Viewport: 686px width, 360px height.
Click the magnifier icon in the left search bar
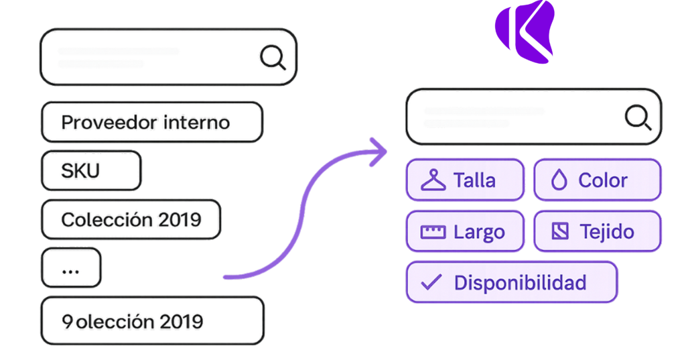pyautogui.click(x=272, y=58)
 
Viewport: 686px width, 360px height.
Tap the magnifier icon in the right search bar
pyautogui.click(x=637, y=117)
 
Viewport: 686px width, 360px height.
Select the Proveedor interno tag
pyautogui.click(x=151, y=122)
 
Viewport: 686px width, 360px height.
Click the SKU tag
pyautogui.click(x=90, y=171)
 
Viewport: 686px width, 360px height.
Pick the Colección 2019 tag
pyautogui.click(x=131, y=219)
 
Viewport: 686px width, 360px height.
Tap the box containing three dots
pyautogui.click(x=71, y=268)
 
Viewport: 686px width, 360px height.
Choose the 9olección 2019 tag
pyautogui.click(x=151, y=321)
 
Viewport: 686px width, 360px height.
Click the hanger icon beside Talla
pyautogui.click(x=433, y=180)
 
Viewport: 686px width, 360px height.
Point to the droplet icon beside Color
pyautogui.click(x=559, y=180)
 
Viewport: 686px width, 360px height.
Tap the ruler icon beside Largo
pyautogui.click(x=433, y=232)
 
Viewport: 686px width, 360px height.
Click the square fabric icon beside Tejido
pyautogui.click(x=559, y=231)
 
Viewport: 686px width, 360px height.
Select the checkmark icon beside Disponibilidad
pyautogui.click(x=431, y=282)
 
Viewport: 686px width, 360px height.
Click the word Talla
pyautogui.click(x=474, y=180)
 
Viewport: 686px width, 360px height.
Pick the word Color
pyautogui.click(x=603, y=180)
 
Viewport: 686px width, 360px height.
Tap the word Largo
pyautogui.click(x=479, y=232)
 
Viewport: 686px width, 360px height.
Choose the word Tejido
pyautogui.click(x=607, y=231)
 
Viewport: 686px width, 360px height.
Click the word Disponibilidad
pyautogui.click(x=520, y=282)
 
